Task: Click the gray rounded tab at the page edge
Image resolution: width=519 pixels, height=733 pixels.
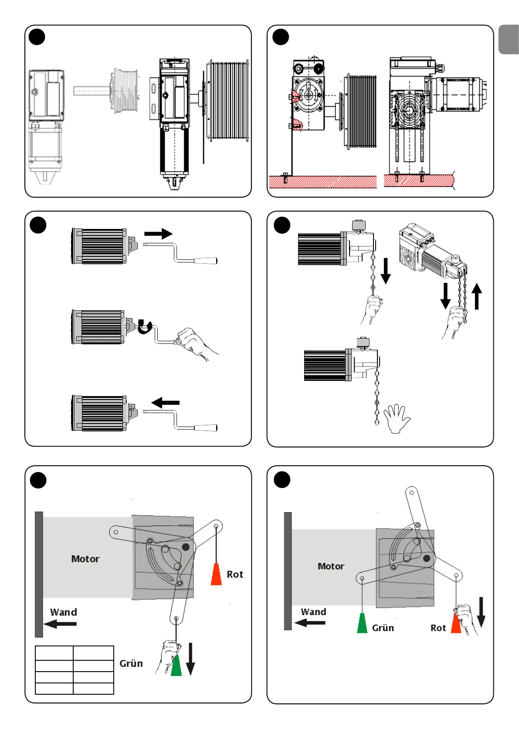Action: coord(509,39)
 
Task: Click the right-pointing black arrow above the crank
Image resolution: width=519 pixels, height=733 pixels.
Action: coord(158,234)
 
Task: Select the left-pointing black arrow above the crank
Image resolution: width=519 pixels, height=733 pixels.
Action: coord(166,403)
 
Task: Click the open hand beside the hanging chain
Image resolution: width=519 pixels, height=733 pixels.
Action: coord(397,418)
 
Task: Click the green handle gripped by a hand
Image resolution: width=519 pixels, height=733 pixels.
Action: coord(176,665)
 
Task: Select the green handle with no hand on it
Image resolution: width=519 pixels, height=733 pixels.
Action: coord(362,623)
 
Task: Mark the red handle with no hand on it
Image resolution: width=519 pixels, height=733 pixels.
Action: coord(216,574)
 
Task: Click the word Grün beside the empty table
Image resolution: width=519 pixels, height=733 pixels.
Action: coord(131,663)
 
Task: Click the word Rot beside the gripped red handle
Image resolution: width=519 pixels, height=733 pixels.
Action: coord(438,628)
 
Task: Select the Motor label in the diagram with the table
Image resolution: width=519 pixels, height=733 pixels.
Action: coord(85,559)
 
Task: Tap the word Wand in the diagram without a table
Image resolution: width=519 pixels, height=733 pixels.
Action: coord(313,612)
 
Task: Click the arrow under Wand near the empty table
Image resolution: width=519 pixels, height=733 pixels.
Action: coord(60,624)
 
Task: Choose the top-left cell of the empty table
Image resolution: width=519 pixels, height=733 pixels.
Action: coord(54,653)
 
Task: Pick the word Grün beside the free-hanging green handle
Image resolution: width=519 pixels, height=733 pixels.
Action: coord(383,628)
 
